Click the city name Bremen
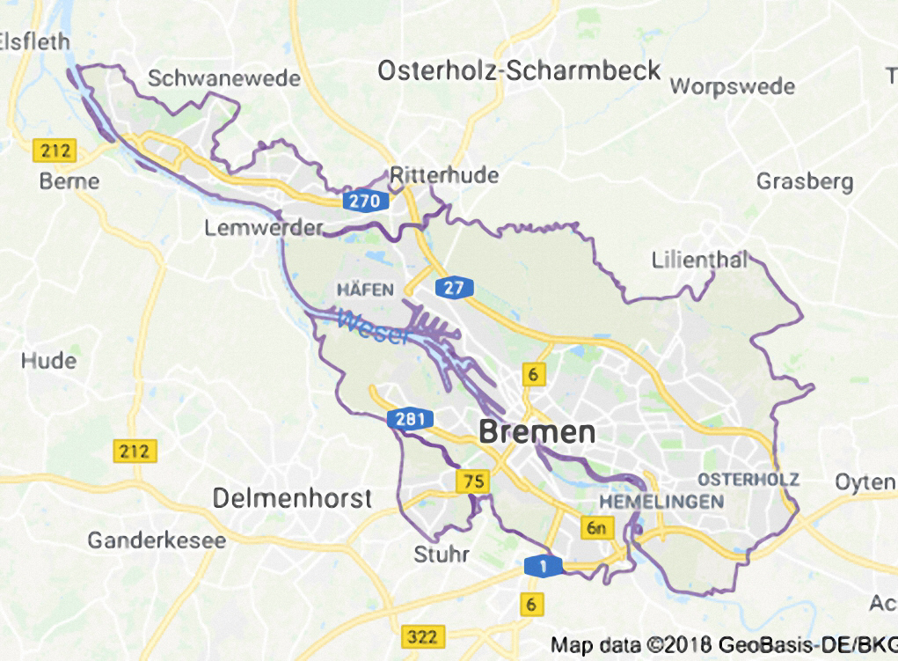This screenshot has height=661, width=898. [537, 432]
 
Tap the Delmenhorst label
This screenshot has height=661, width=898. [292, 498]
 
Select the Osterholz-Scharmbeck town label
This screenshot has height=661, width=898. [519, 71]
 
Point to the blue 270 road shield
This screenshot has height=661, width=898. [364, 202]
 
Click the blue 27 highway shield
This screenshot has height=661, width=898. [454, 288]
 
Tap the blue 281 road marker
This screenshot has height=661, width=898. [410, 420]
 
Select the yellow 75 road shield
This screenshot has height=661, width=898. [472, 481]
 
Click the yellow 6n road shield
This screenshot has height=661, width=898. [597, 528]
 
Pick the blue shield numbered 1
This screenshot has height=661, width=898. [543, 567]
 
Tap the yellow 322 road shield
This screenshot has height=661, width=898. [421, 635]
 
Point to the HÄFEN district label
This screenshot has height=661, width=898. [359, 289]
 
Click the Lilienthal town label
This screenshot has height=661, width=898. [700, 261]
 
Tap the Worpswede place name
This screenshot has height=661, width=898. [732, 86]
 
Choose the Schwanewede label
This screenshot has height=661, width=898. [223, 78]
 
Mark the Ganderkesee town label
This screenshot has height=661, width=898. [157, 540]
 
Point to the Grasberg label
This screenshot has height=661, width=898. [805, 182]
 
